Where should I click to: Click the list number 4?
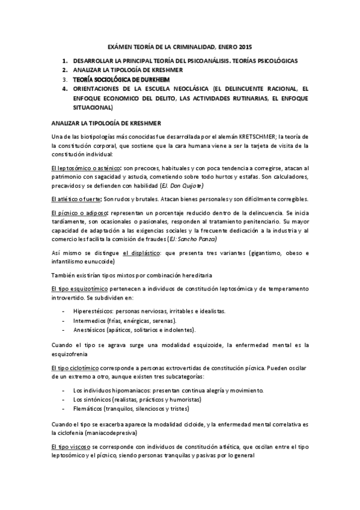[x=65, y=88]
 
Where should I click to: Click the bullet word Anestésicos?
[x=88, y=330]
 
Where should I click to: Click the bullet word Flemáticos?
[x=87, y=408]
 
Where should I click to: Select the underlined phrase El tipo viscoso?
[x=71, y=448]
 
